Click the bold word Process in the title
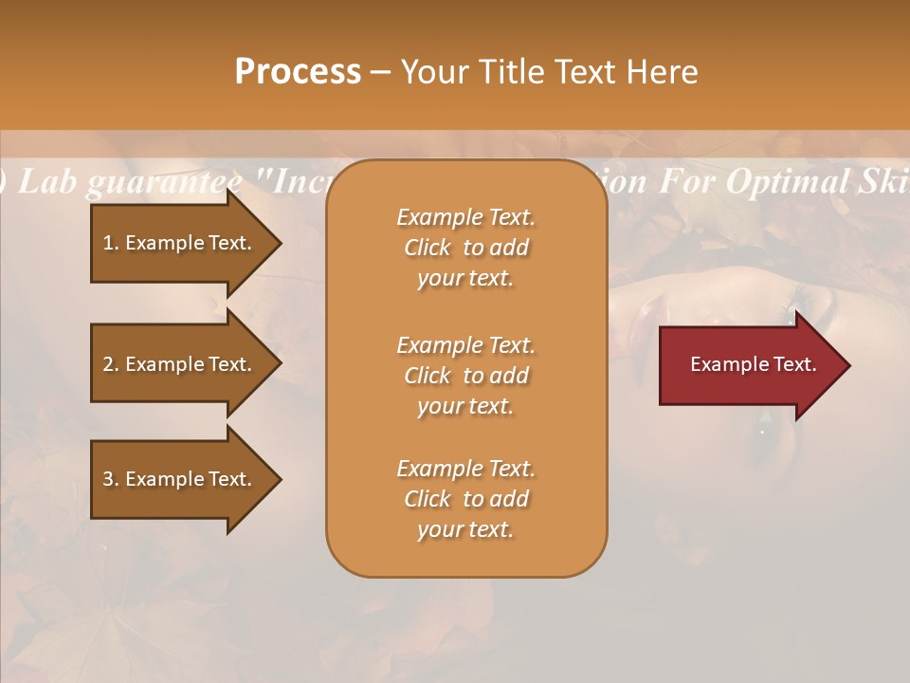pos(297,71)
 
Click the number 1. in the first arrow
pos(111,243)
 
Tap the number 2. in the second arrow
pos(111,364)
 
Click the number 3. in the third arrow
pos(111,479)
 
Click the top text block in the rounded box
pos(465,248)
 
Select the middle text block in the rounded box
pos(465,376)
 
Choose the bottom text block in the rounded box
pos(465,499)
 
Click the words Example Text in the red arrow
pos(754,364)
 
